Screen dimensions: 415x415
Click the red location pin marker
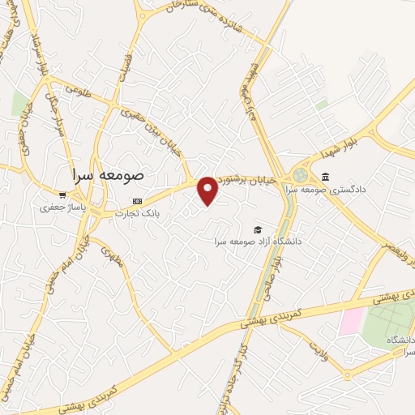click(208, 189)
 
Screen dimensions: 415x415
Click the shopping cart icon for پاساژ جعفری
click(62, 195)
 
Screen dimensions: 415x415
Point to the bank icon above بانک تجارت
click(137, 200)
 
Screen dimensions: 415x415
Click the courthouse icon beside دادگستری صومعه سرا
click(325, 178)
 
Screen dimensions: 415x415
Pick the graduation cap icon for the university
click(258, 229)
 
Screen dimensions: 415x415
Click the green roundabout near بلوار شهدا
click(301, 174)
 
